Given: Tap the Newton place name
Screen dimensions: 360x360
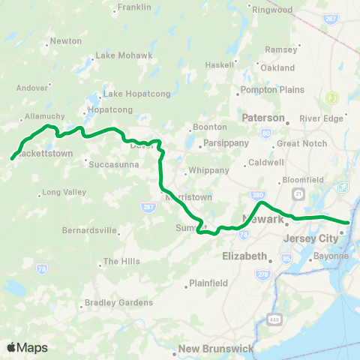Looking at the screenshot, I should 66,41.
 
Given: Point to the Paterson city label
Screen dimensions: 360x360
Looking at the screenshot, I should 263,118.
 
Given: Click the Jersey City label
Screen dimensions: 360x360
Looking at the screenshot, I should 306,238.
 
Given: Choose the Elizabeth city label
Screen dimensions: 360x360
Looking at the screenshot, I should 244,256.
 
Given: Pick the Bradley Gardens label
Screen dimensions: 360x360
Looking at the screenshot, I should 119,302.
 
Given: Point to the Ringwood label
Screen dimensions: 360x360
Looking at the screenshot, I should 271,10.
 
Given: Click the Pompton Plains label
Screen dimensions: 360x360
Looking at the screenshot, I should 272,90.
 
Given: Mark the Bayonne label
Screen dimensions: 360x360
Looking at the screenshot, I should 331,256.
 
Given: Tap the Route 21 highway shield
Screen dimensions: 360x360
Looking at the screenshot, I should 298,193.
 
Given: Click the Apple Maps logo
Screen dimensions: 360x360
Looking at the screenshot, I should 28,346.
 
